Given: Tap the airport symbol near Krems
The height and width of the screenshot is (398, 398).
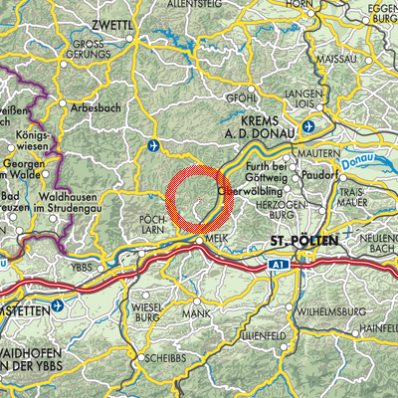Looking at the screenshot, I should (308, 126).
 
